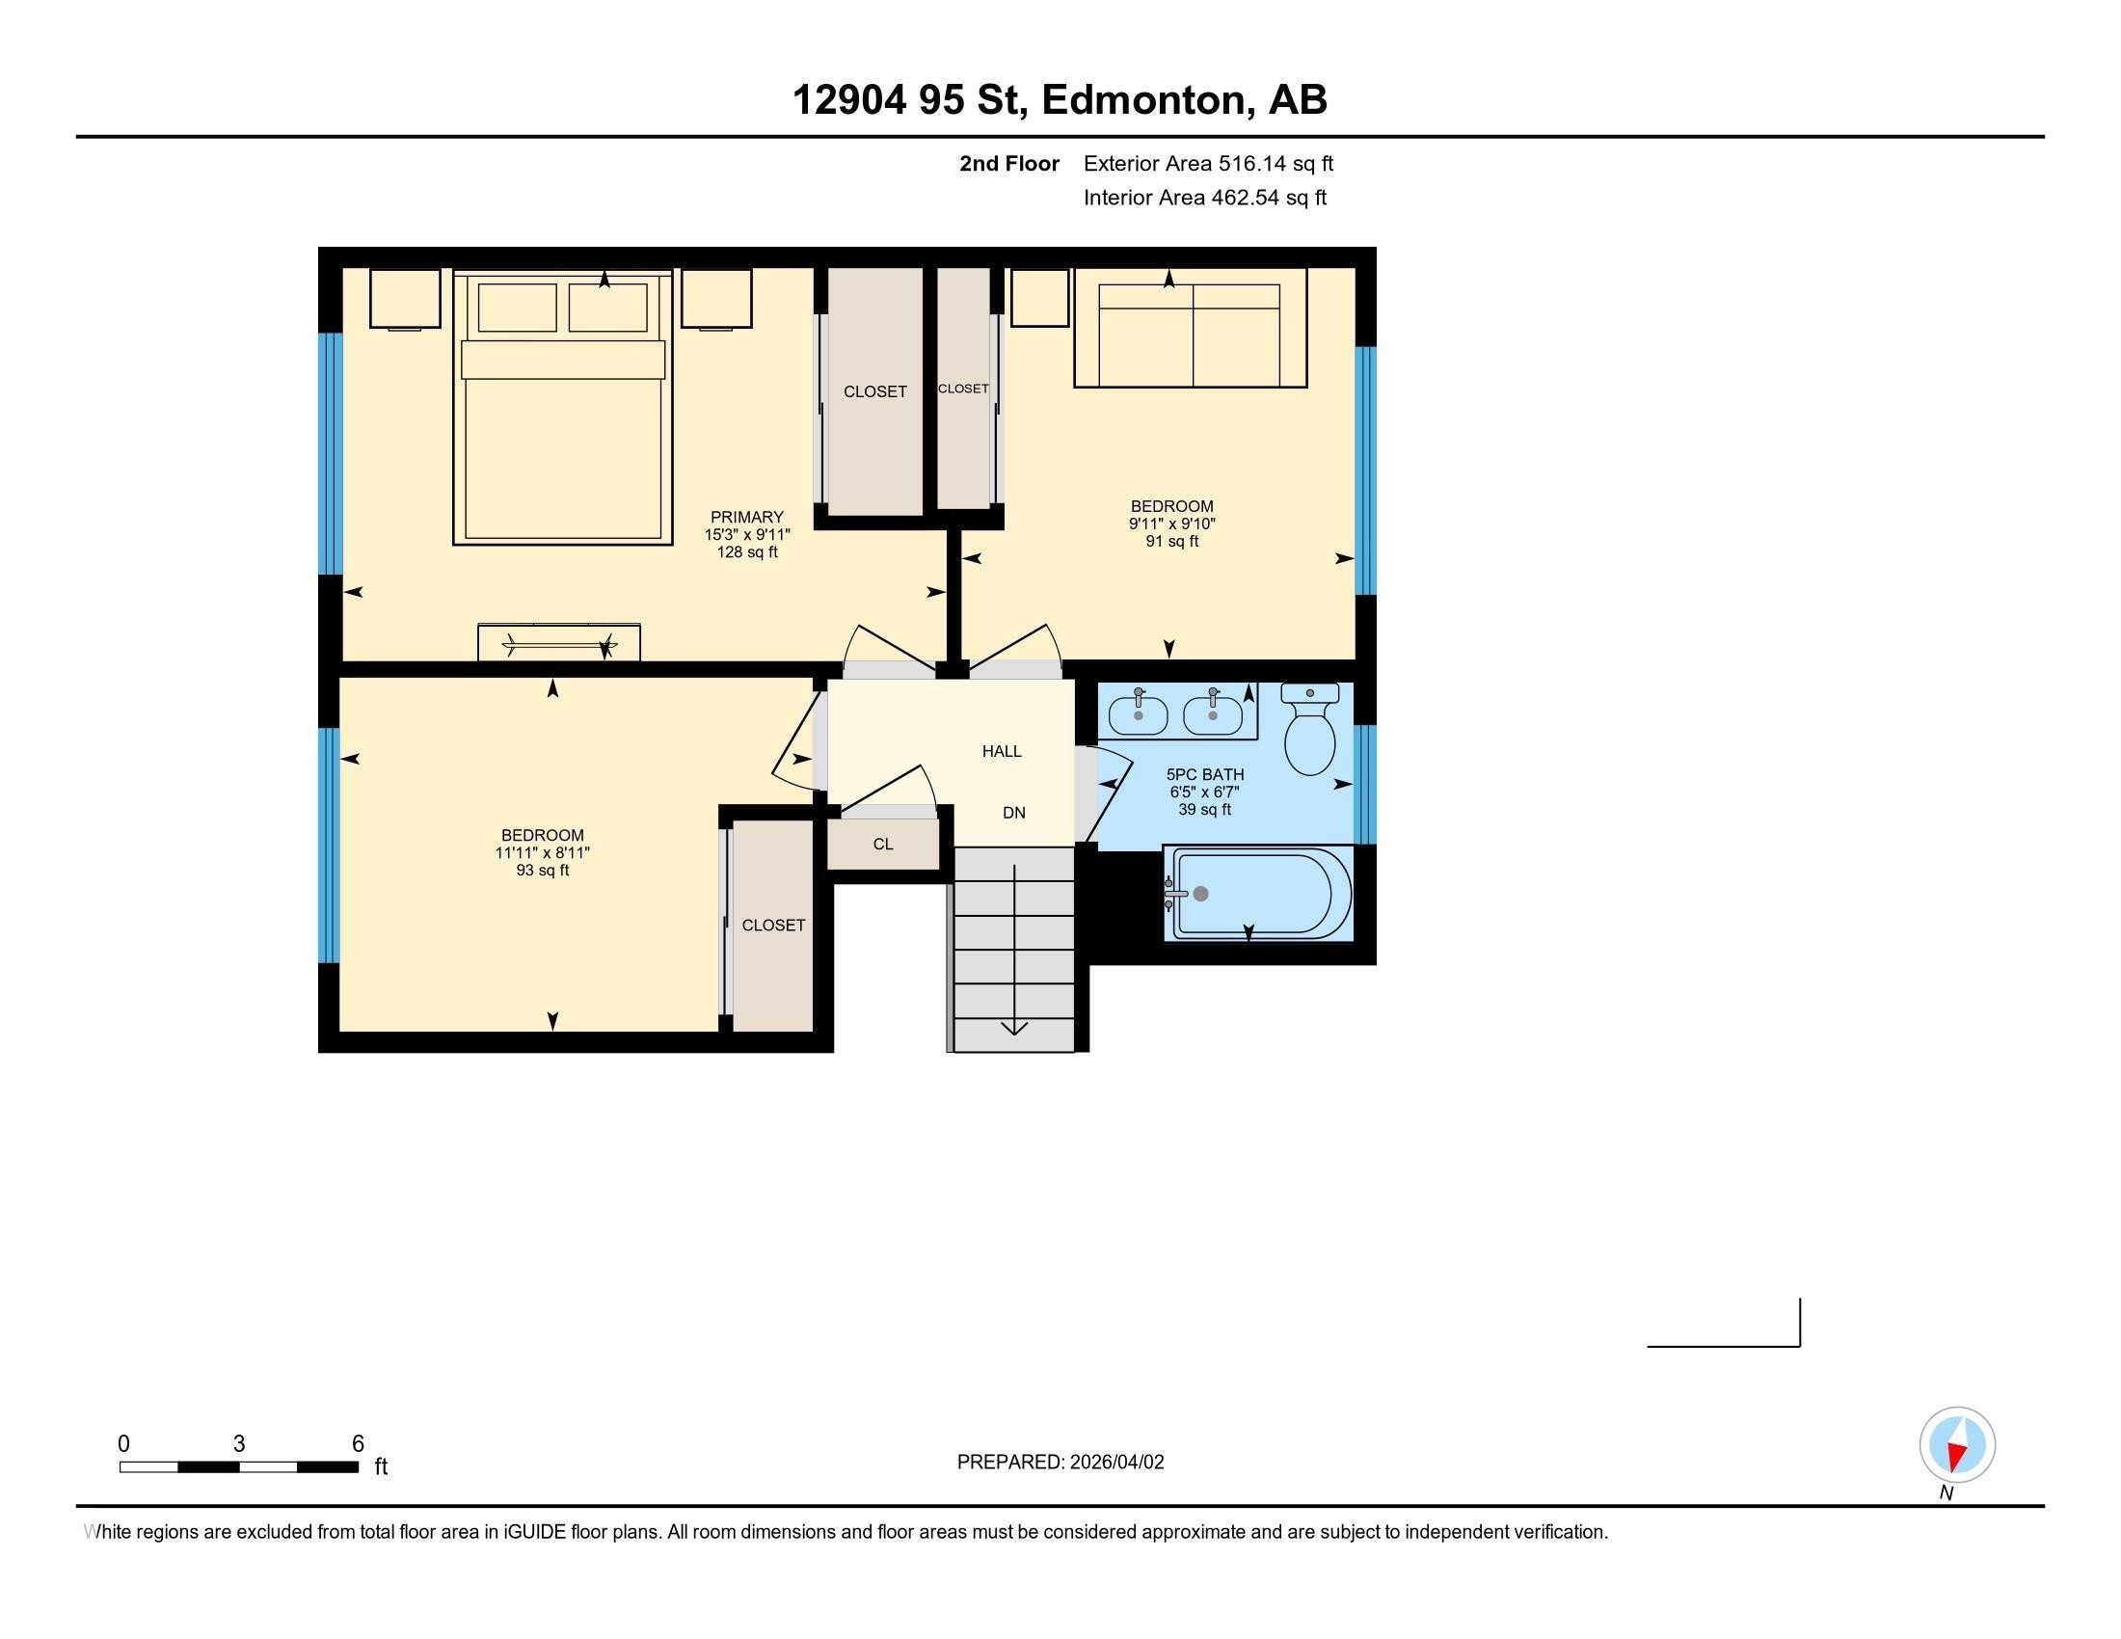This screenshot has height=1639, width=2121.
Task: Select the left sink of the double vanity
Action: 1139,714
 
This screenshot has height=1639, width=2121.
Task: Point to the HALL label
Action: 1002,750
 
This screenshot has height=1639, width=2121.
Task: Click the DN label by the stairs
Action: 1014,813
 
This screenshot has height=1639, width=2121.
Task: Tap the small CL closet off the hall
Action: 883,844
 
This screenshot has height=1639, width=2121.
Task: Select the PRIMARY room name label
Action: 746,517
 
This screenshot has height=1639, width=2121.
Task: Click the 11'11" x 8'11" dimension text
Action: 542,852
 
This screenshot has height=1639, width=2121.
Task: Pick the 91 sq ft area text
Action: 1171,541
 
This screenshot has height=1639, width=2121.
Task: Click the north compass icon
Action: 1957,1445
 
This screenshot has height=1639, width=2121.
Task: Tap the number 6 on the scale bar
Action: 358,1443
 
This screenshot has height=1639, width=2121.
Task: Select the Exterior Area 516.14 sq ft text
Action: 1208,163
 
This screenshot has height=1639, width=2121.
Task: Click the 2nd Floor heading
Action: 1009,163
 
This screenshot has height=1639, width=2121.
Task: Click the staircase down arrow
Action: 1014,1024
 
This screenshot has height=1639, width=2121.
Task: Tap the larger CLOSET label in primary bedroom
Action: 874,391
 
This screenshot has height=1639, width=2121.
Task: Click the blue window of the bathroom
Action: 1364,784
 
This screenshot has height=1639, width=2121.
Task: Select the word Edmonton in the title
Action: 1145,99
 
